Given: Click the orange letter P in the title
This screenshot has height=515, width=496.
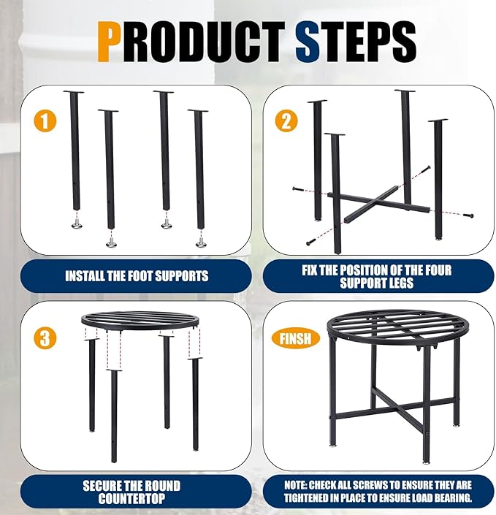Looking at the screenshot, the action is click(108, 42).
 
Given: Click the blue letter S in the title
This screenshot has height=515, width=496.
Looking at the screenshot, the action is click(308, 42).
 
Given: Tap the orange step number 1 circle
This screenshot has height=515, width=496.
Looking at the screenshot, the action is click(45, 121).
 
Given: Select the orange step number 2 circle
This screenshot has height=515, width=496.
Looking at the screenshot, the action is click(286, 121).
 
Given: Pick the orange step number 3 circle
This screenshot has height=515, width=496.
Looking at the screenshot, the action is click(45, 338).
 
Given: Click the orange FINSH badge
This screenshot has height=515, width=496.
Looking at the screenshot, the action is click(295, 339).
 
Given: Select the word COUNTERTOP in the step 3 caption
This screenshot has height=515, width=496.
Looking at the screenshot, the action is click(131, 499).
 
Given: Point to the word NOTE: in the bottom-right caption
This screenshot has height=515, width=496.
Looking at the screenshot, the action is click(296, 485).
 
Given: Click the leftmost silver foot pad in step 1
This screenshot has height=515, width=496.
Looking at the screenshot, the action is click(78, 225).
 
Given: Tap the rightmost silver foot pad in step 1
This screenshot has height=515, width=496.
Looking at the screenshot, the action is click(201, 243).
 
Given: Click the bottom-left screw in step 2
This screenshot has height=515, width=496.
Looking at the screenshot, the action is click(311, 243).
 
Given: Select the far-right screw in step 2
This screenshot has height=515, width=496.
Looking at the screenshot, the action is click(468, 215).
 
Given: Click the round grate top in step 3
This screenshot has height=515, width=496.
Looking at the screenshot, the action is click(140, 321).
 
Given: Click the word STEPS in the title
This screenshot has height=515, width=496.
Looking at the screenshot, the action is click(356, 42).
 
